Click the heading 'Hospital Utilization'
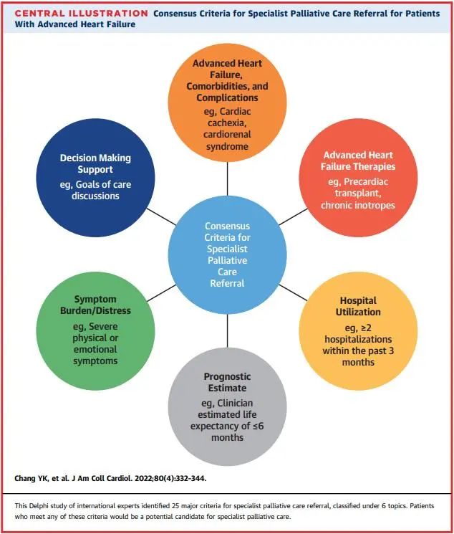[x=357, y=307]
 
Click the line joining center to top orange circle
[x=227, y=180]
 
